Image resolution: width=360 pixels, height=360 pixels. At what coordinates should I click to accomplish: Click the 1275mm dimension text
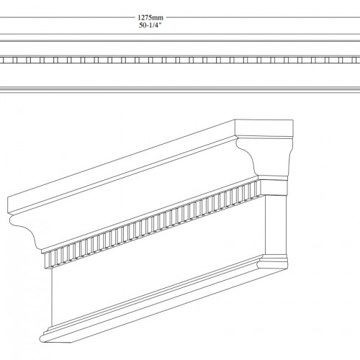(150, 17)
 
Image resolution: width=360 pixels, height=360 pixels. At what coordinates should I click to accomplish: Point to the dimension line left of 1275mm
(67, 17)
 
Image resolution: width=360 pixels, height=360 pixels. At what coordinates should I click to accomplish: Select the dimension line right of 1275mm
(263, 17)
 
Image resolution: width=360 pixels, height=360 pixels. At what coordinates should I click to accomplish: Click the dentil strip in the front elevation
(180, 60)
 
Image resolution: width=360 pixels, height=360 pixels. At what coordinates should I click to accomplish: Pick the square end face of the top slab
(264, 129)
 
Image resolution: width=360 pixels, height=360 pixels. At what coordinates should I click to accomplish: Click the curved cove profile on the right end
(247, 153)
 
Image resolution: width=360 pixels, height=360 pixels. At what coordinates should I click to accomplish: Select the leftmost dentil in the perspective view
(48, 260)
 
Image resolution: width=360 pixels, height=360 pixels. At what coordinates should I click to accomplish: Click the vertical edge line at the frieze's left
(52, 297)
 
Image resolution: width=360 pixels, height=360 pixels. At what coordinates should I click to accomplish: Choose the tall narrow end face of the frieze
(276, 225)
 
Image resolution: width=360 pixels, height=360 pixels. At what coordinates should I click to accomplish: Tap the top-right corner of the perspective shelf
(293, 120)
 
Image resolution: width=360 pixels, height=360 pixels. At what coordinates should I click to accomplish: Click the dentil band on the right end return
(274, 188)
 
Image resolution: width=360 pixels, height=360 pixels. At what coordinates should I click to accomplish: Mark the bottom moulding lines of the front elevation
(180, 89)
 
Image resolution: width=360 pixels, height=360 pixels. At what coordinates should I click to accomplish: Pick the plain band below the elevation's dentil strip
(180, 75)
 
